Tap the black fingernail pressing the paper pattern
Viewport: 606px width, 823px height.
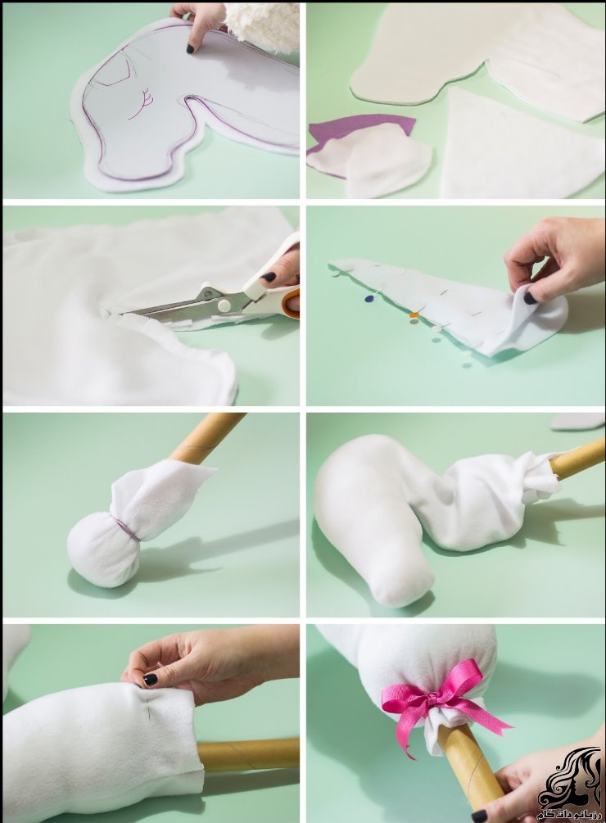[x=190, y=48]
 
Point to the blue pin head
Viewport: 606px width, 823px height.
[x=369, y=299]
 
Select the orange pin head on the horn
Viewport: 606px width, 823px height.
[x=414, y=314]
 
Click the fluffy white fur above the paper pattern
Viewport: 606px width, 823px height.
[x=262, y=25]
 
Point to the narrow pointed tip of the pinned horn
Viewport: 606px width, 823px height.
[x=336, y=265]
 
